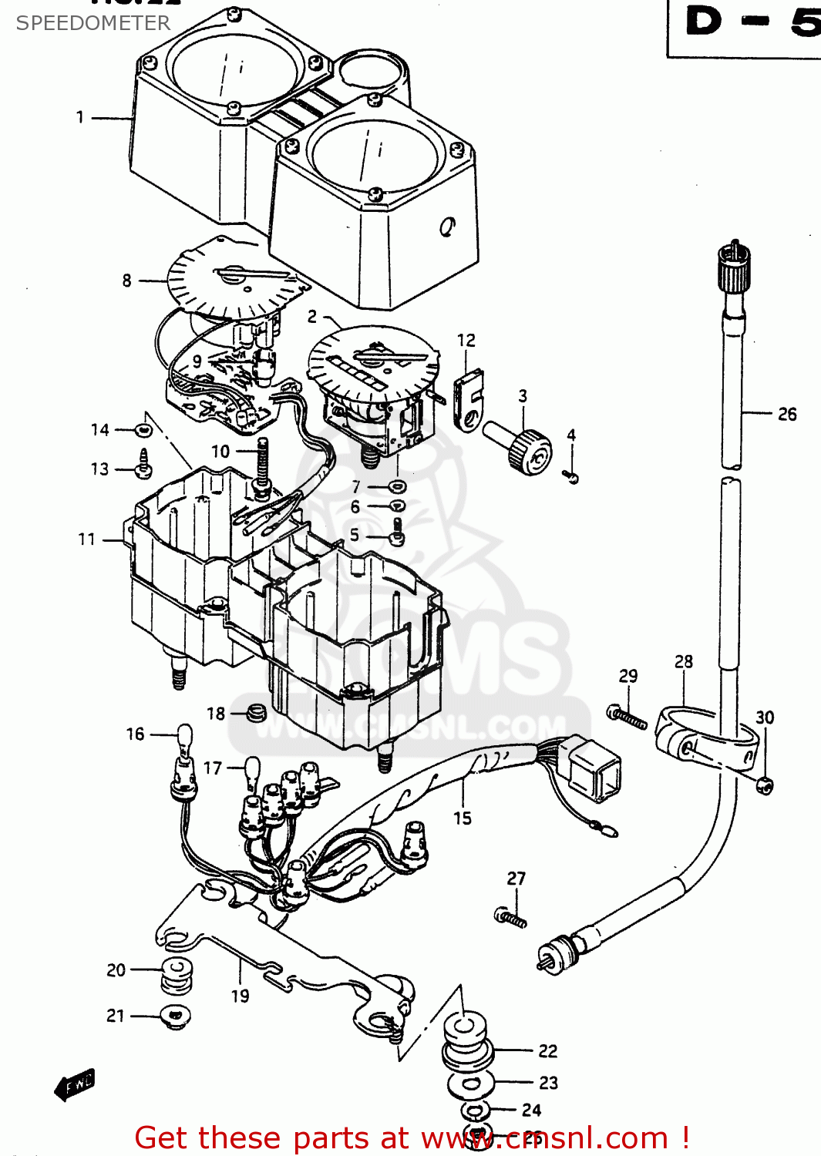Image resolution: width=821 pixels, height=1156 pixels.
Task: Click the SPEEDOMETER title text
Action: [93, 23]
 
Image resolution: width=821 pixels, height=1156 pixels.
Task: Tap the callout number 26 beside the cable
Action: [786, 415]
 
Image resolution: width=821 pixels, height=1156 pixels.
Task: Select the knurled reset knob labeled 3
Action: [529, 451]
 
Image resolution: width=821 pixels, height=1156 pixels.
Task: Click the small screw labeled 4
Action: [571, 477]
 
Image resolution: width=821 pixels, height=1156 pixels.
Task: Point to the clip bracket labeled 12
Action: [468, 401]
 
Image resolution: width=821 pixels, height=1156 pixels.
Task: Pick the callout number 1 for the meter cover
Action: [79, 117]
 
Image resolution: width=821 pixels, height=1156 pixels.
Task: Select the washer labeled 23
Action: [470, 1084]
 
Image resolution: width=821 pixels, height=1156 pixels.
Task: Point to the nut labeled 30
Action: [764, 785]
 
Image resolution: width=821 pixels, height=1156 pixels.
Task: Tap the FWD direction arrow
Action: [76, 1084]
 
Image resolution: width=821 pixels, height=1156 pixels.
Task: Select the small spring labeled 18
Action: [257, 714]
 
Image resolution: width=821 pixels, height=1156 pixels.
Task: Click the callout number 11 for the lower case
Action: [86, 539]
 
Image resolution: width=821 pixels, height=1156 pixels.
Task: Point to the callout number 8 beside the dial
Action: [126, 281]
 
